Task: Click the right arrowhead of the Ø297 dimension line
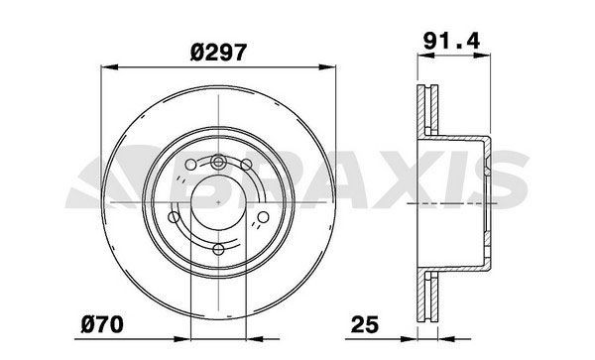(x=329, y=67)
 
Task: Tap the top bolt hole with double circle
(x=218, y=163)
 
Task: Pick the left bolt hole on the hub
(x=176, y=216)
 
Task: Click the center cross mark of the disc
(x=218, y=203)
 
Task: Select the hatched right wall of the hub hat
(x=489, y=203)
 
